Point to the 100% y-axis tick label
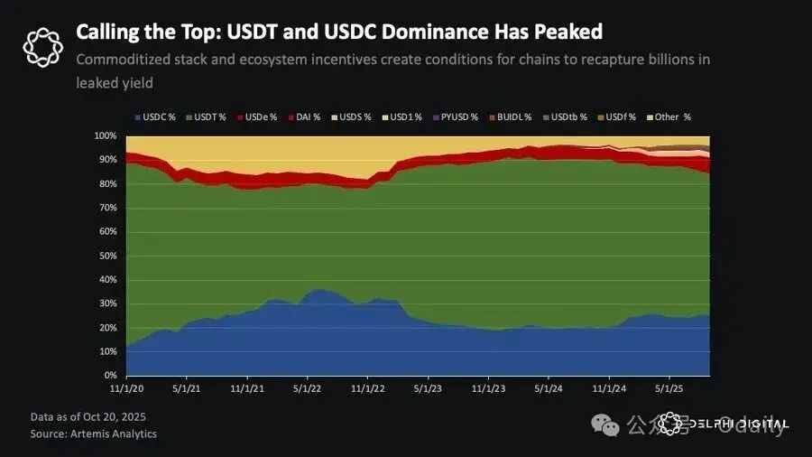(105, 135)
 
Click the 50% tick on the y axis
(107, 256)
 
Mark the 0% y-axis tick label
(110, 376)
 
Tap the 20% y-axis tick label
(107, 328)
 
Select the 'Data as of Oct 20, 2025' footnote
(88, 417)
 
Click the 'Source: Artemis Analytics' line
(93, 434)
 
